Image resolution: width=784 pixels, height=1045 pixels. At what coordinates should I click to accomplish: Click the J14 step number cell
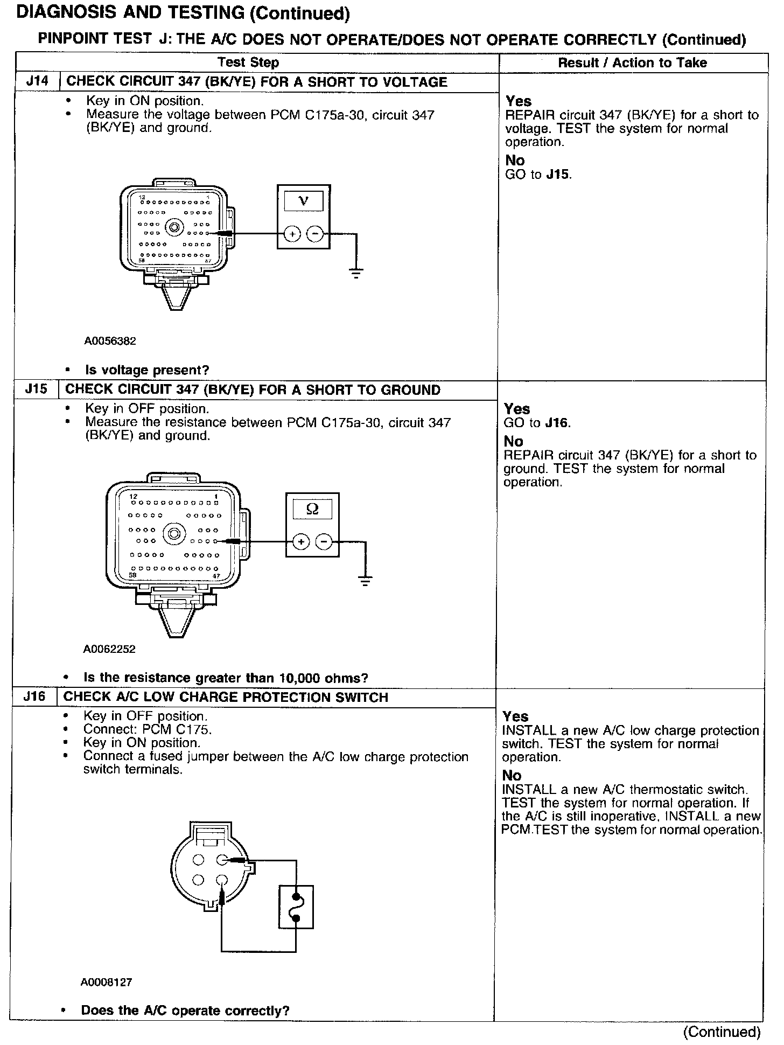37,82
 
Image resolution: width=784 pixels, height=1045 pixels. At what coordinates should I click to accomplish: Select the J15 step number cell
36,389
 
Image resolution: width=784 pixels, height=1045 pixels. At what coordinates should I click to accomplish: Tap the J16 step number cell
34,697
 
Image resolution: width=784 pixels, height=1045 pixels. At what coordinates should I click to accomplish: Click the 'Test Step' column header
248,62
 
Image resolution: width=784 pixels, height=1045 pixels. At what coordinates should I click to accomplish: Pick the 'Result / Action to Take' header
632,62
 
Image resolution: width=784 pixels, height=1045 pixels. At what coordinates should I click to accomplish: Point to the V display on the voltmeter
304,201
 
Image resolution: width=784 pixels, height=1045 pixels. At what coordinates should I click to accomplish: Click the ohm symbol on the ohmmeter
312,509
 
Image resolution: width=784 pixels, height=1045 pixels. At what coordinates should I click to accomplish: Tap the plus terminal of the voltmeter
292,234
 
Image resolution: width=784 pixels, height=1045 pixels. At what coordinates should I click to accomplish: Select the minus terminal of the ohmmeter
324,541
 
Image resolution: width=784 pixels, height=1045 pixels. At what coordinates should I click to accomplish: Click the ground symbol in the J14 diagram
356,273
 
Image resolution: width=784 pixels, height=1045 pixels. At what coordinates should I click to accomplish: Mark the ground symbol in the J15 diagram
365,581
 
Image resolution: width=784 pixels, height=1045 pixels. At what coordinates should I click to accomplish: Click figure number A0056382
110,341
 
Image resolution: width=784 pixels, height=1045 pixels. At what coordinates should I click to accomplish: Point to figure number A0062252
109,649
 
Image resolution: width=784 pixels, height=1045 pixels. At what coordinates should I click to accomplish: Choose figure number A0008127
107,982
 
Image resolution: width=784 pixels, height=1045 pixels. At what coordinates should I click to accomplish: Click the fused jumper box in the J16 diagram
296,907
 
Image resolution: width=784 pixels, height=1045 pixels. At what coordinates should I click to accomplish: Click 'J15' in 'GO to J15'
558,175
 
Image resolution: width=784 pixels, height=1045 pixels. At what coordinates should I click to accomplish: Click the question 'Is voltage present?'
147,370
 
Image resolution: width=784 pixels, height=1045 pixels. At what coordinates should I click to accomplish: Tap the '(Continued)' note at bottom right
722,1032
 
